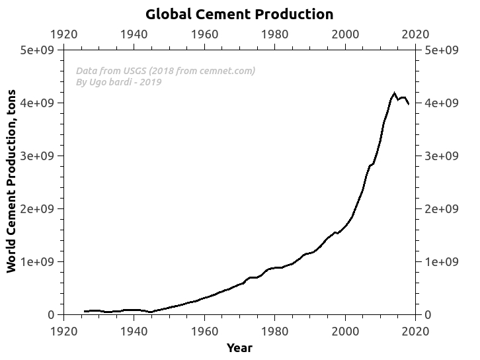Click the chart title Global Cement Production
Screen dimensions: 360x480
(x=239, y=14)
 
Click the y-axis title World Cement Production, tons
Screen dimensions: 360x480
(x=11, y=182)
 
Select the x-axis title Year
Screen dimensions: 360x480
(x=239, y=348)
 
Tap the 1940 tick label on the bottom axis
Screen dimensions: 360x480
(x=134, y=330)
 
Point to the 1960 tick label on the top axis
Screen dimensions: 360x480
(x=204, y=34)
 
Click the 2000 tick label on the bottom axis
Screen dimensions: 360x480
(x=345, y=330)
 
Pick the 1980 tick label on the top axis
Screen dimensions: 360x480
(x=274, y=34)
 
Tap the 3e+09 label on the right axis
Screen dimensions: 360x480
(x=441, y=156)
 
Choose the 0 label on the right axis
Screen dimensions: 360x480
(x=428, y=315)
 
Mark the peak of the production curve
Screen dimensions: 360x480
(x=395, y=93)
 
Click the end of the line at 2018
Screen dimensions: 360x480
(x=409, y=104)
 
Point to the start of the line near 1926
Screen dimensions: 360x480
(x=85, y=311)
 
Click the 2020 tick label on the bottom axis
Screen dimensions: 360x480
(x=415, y=330)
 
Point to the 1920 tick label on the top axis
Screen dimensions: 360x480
(x=63, y=34)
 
